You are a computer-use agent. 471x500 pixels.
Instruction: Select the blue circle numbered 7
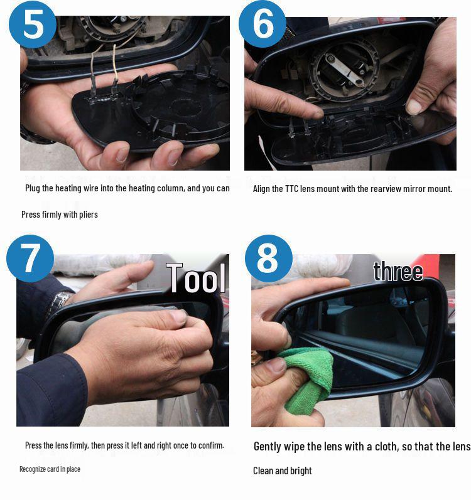(x=30, y=258)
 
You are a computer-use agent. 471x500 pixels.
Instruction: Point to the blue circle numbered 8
(x=268, y=258)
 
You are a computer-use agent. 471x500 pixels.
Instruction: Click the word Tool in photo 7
(x=195, y=278)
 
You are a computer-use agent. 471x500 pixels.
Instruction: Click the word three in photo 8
(x=398, y=271)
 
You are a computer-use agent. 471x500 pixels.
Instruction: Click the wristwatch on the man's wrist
(x=62, y=300)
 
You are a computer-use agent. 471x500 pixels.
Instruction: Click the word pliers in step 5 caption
(x=87, y=215)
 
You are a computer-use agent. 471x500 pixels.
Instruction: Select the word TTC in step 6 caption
(x=295, y=189)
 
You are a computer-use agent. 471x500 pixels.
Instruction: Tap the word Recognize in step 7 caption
(x=33, y=469)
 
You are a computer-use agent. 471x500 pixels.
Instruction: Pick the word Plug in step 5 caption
(x=33, y=188)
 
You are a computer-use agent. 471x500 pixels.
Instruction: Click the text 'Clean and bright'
(x=283, y=471)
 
